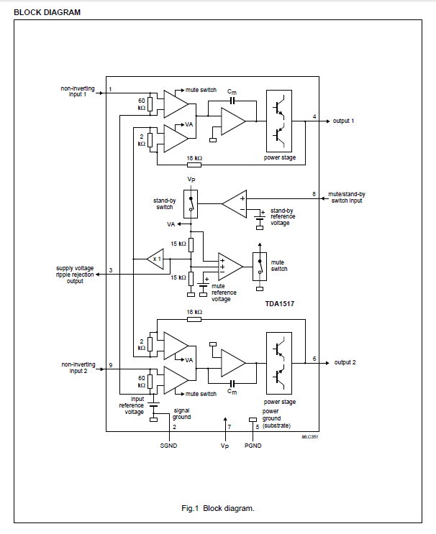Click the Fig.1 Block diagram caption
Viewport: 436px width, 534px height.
click(218, 509)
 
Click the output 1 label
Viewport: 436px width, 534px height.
click(343, 121)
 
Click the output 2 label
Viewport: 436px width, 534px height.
click(344, 362)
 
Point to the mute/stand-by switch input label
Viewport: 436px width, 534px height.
click(347, 198)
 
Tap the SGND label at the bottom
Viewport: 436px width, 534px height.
click(168, 446)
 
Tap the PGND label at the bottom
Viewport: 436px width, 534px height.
click(253, 446)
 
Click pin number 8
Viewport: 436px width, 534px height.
click(314, 194)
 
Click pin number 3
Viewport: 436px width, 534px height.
click(110, 270)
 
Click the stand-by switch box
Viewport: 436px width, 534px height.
click(191, 202)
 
